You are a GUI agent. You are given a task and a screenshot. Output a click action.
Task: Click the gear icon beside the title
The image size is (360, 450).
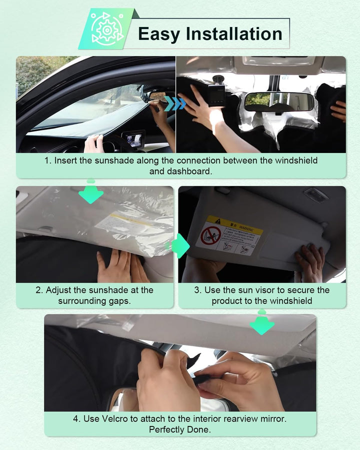click(x=105, y=29)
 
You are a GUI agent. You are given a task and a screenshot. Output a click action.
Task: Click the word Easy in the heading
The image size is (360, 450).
click(x=158, y=34)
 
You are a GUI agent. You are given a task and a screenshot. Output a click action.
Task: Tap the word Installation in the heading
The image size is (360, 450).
click(x=234, y=34)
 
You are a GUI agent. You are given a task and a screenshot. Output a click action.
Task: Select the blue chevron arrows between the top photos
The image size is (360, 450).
click(x=175, y=103)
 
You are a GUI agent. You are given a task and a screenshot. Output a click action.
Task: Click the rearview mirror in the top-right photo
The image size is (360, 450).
click(x=279, y=102)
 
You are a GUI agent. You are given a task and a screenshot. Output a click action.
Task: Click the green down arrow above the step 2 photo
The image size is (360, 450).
click(x=91, y=193)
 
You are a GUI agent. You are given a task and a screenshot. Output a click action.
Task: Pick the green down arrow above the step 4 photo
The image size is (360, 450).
click(x=262, y=324)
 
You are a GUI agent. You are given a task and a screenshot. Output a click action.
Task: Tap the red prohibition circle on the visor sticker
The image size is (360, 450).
click(x=211, y=235)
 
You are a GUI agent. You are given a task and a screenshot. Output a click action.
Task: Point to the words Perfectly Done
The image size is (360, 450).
click(x=179, y=429)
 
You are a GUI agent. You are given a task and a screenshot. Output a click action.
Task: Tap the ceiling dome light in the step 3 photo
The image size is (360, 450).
click(x=316, y=195)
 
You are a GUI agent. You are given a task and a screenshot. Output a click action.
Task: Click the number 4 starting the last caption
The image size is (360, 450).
click(x=76, y=418)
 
